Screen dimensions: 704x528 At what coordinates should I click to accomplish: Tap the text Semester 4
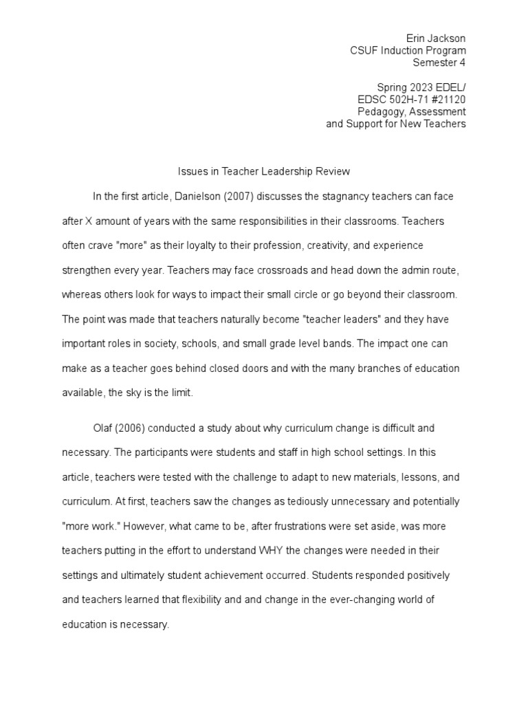439,63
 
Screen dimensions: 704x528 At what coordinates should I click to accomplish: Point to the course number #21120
448,100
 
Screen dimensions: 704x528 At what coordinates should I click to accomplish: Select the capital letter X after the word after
87,221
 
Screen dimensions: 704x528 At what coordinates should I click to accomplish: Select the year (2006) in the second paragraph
133,428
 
